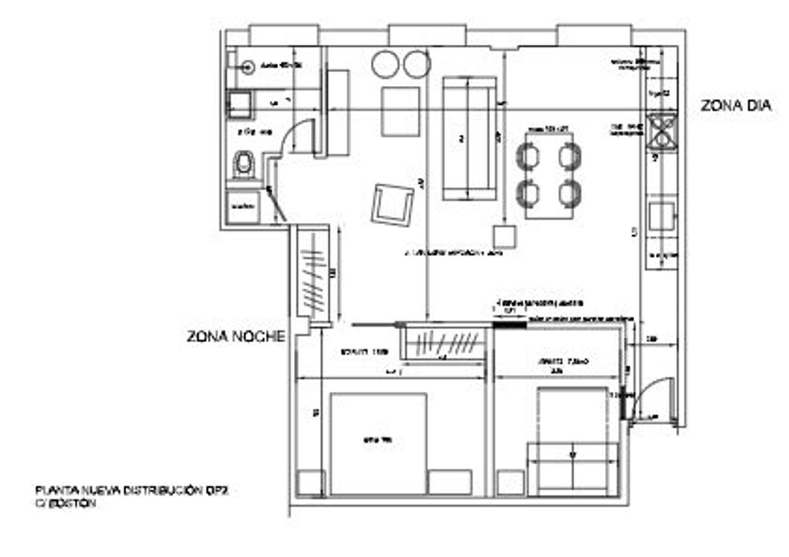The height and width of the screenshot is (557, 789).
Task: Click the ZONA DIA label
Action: [735, 105]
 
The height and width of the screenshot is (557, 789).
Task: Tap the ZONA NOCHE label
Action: [236, 336]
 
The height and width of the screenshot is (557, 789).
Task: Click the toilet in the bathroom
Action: [243, 164]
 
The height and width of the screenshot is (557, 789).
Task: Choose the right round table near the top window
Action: [417, 64]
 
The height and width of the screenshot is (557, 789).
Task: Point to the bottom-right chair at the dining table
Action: [570, 194]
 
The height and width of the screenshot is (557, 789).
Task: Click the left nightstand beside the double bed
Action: [309, 483]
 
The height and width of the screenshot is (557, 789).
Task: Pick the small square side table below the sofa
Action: [504, 236]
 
